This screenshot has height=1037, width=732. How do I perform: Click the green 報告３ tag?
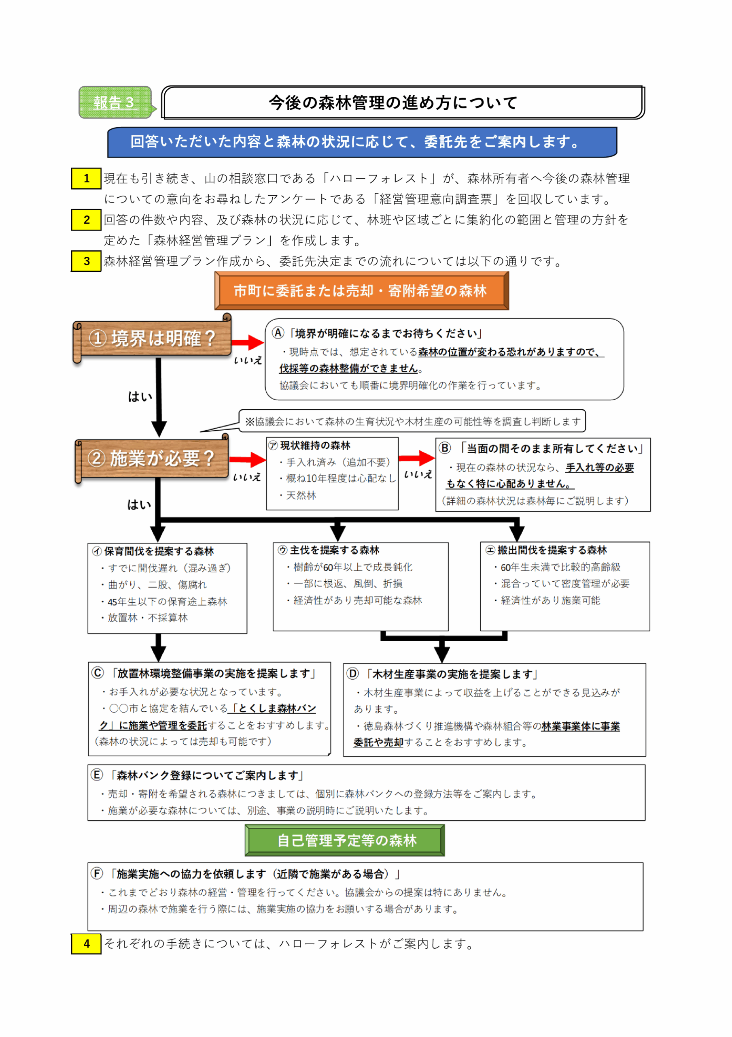tap(115, 102)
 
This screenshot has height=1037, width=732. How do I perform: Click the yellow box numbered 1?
tap(86, 178)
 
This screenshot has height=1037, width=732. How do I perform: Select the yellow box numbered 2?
tap(86, 220)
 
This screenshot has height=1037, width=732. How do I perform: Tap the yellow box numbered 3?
tap(86, 261)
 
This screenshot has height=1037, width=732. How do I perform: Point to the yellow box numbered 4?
tap(86, 943)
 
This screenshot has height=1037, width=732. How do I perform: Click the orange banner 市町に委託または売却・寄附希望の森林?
tap(361, 291)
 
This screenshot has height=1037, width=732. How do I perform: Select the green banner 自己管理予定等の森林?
tap(345, 840)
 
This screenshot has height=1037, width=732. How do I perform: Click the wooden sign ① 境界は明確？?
tap(153, 338)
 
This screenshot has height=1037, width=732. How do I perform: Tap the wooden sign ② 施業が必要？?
tap(152, 459)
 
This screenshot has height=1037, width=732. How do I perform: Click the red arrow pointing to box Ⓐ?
tap(248, 342)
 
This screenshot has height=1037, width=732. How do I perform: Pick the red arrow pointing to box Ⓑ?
tap(416, 458)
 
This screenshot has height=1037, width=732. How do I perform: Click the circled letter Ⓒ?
tap(98, 672)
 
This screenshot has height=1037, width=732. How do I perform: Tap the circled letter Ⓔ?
tap(97, 775)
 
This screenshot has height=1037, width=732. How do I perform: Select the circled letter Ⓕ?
tap(97, 873)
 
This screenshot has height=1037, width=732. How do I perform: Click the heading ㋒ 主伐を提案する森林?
tap(329, 550)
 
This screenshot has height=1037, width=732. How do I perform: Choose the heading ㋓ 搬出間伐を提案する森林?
tap(546, 550)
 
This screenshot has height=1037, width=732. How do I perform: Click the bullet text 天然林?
tap(301, 495)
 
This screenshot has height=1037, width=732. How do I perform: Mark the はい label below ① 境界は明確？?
tap(140, 397)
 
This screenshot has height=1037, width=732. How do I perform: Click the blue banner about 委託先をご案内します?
tap(362, 142)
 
